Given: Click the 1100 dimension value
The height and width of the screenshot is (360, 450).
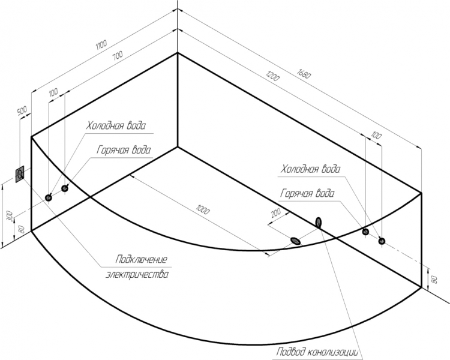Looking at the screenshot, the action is [101, 44].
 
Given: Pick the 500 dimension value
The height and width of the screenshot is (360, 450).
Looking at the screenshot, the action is [22, 110].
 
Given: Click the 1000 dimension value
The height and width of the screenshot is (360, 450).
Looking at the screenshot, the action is [203, 209].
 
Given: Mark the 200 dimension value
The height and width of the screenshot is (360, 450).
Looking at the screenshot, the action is [275, 213].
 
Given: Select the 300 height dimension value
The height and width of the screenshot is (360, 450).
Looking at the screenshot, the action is [10, 216].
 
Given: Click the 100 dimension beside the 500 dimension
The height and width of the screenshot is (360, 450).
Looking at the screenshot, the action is [53, 92].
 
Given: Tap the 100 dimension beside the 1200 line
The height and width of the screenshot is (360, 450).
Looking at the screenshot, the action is [376, 135].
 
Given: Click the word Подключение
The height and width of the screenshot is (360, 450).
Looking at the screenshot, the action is [141, 260].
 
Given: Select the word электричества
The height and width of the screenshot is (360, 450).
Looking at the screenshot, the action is [137, 274].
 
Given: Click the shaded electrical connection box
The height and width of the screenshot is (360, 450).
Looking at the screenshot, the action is [20, 174].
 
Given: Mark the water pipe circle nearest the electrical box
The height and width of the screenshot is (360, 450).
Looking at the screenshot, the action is [49, 197].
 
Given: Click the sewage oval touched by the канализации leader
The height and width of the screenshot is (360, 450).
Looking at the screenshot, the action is [318, 222].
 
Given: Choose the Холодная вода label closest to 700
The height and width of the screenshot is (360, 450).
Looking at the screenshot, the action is [116, 126].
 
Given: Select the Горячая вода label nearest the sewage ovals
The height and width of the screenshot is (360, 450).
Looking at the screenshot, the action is [307, 193].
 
